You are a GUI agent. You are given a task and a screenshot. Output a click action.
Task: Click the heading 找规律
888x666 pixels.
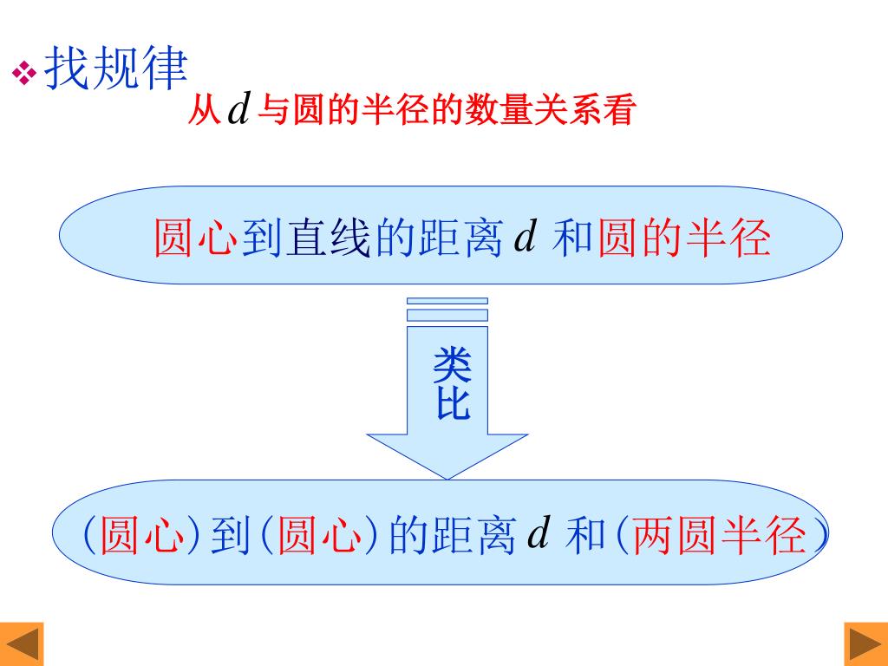(x=115, y=69)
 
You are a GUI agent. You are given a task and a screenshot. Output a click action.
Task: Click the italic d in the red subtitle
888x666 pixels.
(x=238, y=110)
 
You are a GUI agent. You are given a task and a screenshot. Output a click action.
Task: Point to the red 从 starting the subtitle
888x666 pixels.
(x=204, y=112)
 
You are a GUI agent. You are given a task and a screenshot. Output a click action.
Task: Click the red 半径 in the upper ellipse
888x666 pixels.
(x=728, y=238)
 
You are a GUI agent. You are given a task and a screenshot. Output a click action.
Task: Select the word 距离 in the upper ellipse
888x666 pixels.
(x=461, y=238)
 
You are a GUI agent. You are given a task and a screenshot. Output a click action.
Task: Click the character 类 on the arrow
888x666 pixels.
(x=452, y=366)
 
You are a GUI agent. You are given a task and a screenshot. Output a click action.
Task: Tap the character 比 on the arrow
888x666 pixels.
(x=452, y=404)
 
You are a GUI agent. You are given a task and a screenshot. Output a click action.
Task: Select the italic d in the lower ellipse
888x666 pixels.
(x=539, y=534)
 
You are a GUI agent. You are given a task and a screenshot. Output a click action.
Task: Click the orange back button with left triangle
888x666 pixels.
(x=23, y=644)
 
